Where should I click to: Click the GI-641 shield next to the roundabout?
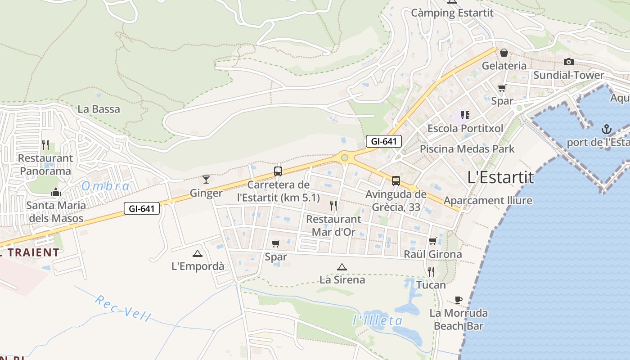click(x=383, y=141)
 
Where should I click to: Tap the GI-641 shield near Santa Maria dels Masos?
click(x=142, y=208)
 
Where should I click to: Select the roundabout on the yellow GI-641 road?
click(x=345, y=157)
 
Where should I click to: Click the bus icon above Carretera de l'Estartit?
click(x=278, y=171)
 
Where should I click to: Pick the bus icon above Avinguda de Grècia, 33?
click(x=396, y=181)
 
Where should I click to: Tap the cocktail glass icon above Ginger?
click(x=206, y=180)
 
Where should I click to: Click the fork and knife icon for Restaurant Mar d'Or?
click(x=333, y=206)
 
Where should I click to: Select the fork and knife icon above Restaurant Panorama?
click(x=45, y=145)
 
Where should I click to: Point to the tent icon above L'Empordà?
click(x=197, y=253)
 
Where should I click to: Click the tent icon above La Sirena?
click(x=342, y=267)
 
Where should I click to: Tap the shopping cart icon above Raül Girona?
click(x=433, y=241)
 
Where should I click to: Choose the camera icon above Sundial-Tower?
click(x=569, y=62)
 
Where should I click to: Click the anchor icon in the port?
click(x=607, y=130)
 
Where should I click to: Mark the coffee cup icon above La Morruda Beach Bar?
click(x=459, y=300)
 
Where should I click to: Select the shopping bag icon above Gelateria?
click(x=504, y=53)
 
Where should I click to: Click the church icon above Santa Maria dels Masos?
click(x=56, y=192)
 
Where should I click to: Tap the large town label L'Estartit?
click(x=501, y=177)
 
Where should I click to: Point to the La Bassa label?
click(x=99, y=109)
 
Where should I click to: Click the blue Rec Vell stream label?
click(x=123, y=308)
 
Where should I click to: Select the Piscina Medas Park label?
click(x=467, y=148)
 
